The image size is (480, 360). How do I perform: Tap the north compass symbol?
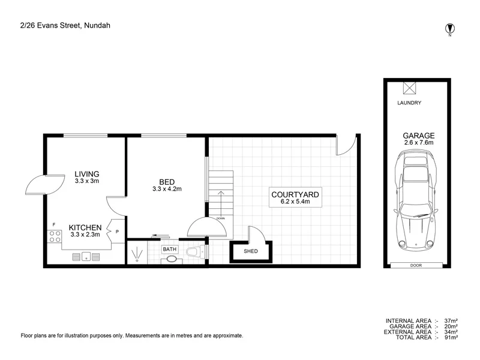(x=449, y=28)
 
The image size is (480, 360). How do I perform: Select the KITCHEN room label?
(x=85, y=227)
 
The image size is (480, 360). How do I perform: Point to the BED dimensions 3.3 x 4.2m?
(x=167, y=189)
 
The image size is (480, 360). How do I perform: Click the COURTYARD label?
(x=295, y=194)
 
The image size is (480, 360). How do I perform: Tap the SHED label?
(x=251, y=251)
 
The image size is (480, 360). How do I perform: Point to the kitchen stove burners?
(x=55, y=237)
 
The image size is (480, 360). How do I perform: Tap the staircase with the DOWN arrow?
(x=220, y=194)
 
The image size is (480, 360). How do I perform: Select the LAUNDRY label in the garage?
(x=409, y=103)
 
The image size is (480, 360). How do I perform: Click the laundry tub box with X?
(x=409, y=88)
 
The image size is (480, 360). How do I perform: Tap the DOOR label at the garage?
(x=416, y=264)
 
